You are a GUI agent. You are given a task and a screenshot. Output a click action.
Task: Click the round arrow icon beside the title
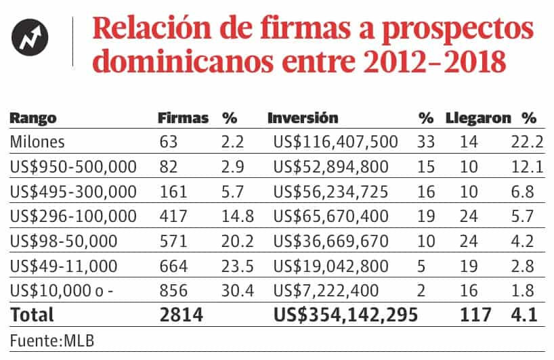click(x=33, y=41)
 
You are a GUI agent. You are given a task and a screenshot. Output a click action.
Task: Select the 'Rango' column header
click(x=33, y=118)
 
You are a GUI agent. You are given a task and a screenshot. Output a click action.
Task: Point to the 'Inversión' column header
click(x=303, y=118)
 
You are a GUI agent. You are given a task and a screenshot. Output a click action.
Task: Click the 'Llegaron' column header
click(x=477, y=118)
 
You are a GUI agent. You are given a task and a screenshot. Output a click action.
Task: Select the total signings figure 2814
click(x=181, y=315)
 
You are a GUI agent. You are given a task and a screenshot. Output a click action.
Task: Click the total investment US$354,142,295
click(x=345, y=315)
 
